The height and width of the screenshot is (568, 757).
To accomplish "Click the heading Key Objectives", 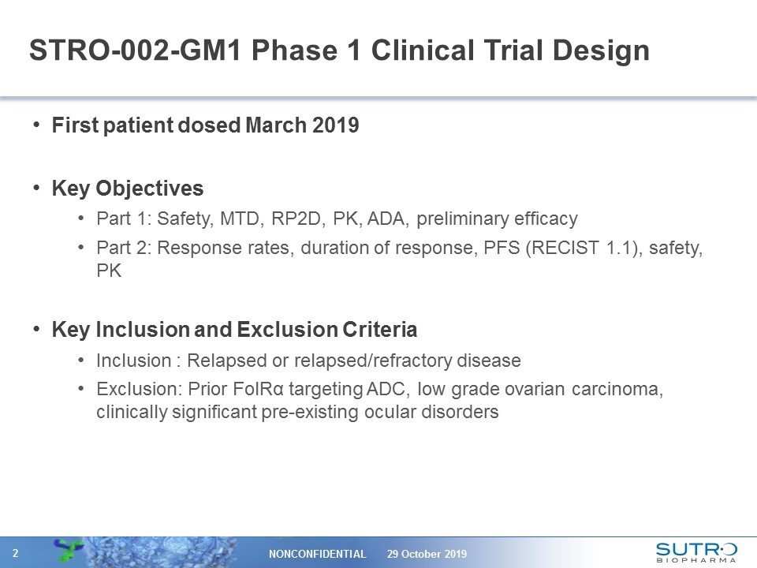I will tap(127, 189).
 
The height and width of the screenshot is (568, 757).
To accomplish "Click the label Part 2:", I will tap(124, 248).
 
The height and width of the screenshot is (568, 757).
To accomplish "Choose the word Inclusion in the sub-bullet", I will tap(132, 361).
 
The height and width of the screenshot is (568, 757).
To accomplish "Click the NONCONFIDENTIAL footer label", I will tap(318, 554).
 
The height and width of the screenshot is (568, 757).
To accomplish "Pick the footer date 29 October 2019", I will tap(427, 554).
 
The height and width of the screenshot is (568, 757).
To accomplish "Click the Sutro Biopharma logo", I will tap(696, 551).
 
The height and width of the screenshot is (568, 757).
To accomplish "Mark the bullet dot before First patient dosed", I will tap(39, 126).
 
